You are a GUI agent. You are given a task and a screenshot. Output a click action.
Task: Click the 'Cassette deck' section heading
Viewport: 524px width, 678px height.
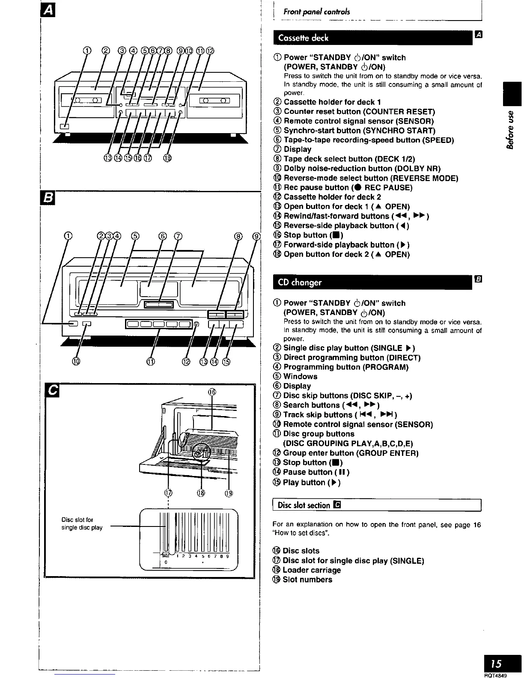point(303,38)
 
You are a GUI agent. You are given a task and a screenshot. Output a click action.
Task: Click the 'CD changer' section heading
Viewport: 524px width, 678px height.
point(300,282)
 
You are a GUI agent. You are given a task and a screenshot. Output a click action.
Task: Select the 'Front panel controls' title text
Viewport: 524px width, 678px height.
point(316,12)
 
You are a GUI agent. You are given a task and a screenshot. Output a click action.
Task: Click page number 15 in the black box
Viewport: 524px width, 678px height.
point(496,664)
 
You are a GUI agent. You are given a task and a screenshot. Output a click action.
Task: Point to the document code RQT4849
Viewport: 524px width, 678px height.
point(508,675)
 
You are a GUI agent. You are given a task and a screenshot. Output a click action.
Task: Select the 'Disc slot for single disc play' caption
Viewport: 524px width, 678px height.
point(82,524)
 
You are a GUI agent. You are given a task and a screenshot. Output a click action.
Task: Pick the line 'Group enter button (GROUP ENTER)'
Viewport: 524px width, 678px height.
point(351,453)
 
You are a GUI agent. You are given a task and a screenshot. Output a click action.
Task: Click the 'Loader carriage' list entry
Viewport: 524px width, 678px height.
point(312,570)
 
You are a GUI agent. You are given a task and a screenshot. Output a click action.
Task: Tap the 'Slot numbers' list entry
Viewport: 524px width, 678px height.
point(307,580)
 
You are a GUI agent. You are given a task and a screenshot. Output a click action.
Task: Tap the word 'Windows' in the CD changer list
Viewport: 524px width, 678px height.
point(300,377)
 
